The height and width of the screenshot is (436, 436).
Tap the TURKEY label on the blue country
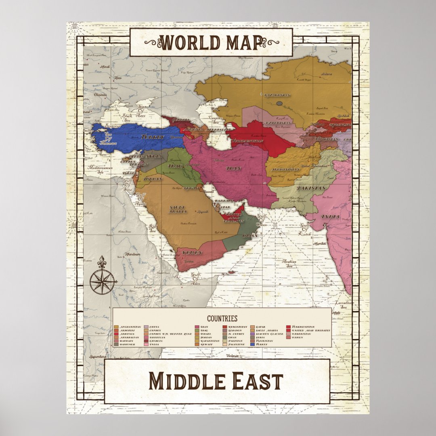(153, 137)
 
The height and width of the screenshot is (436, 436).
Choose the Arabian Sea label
(289, 263)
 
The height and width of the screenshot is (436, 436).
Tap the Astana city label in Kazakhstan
(326, 74)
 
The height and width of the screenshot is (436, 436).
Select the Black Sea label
(127, 117)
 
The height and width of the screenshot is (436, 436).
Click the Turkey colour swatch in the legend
(252, 344)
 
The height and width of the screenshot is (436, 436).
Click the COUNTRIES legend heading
(222, 319)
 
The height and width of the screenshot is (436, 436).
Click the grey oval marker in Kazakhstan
(279, 103)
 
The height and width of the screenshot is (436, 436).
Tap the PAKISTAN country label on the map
(311, 189)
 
